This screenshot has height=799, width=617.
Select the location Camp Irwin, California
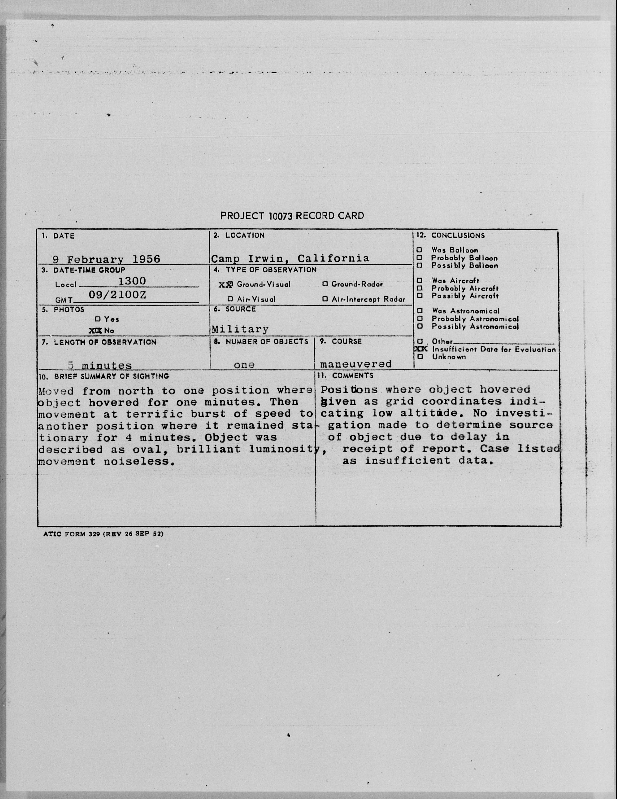(x=290, y=258)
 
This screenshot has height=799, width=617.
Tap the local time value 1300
(x=132, y=281)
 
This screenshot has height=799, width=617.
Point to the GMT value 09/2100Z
(x=117, y=295)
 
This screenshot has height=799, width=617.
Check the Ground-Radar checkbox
(x=325, y=284)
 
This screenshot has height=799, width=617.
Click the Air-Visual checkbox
(x=230, y=299)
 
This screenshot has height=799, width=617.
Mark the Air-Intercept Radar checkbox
(x=325, y=299)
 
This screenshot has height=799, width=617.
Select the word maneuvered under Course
(x=356, y=364)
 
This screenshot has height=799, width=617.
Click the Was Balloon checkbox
(x=420, y=250)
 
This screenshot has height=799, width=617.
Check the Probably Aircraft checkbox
(x=420, y=288)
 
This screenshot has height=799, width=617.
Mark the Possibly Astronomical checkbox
(x=420, y=326)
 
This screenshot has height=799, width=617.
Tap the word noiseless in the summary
(x=137, y=461)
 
